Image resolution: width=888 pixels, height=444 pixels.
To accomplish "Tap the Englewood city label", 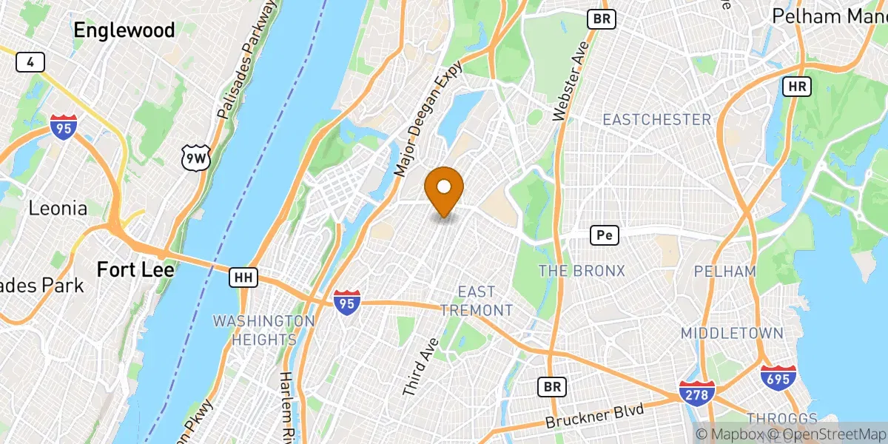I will pos(124,30).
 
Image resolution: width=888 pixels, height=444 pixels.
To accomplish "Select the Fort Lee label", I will pos(135,270).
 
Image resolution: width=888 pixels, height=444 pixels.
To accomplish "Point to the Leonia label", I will pos(58,208).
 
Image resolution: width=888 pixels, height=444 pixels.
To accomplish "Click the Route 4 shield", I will pos(30,62).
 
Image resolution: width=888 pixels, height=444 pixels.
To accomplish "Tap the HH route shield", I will pos(243,277).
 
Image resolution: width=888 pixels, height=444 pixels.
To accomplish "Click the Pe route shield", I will pos(604,235).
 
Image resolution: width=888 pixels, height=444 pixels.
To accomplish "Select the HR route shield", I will pos(796,87).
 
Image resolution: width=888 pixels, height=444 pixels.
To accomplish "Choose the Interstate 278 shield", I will pos(697,393).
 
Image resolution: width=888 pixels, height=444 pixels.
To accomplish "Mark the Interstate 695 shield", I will pos(778,378).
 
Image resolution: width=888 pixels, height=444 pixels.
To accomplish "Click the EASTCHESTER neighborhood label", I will pos(656,120).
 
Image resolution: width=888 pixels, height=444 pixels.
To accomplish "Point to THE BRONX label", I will pos(582,271).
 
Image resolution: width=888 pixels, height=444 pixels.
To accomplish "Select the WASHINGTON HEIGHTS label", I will pos(264,330).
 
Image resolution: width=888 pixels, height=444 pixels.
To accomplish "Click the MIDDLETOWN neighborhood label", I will pos(731,334).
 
